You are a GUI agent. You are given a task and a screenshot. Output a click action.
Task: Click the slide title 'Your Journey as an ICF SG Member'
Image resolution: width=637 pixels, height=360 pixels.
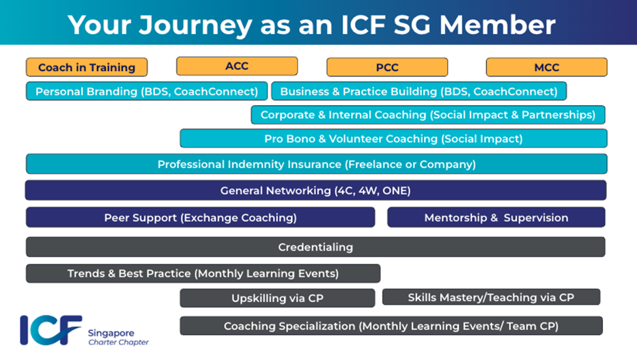coord(311,24)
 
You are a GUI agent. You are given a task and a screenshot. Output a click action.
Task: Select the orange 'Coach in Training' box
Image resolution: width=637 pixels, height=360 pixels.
coord(87,67)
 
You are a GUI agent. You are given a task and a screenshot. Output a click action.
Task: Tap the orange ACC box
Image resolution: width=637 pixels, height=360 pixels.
coord(237,66)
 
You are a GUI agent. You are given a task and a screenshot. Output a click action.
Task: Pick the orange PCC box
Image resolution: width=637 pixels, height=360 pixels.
coord(387,67)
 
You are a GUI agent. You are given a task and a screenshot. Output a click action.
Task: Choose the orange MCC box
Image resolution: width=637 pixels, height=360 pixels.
coord(546,67)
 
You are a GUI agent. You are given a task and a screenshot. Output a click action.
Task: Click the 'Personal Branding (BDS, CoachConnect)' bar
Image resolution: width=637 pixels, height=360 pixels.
coord(147,91)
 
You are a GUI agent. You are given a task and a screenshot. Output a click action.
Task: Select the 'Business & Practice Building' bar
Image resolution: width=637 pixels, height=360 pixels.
coord(419,91)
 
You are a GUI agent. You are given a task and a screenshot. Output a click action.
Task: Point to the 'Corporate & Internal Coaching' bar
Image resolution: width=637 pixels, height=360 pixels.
coord(428,115)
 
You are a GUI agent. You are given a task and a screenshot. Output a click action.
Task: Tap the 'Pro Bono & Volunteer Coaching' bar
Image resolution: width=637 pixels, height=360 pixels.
coord(393,139)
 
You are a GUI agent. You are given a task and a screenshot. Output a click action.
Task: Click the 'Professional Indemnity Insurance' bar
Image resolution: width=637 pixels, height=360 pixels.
coord(316,164)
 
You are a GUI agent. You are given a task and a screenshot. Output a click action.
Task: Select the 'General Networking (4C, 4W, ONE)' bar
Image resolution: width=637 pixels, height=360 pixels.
coord(315,191)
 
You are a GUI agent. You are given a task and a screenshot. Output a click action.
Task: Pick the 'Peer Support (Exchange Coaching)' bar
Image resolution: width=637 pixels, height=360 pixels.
coord(200,217)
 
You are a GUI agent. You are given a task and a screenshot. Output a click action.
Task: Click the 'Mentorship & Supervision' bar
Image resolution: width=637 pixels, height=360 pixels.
coord(496,217)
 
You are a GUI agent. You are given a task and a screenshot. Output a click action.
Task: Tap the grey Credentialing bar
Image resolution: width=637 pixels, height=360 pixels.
coord(315,247)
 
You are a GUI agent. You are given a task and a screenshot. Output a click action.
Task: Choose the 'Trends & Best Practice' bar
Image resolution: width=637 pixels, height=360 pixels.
coord(203,273)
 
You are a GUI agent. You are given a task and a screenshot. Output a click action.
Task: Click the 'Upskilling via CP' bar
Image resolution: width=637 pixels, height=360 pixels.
coord(277,298)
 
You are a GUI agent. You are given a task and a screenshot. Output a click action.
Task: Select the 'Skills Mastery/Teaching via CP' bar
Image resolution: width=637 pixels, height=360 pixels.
coord(491,297)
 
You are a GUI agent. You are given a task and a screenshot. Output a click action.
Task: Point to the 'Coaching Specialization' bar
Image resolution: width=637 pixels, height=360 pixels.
coord(391,326)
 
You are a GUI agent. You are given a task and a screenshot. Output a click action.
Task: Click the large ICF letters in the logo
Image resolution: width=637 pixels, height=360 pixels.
coord(51,330)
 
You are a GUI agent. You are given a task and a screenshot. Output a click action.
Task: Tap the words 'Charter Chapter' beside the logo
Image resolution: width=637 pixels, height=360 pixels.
coord(118,342)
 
